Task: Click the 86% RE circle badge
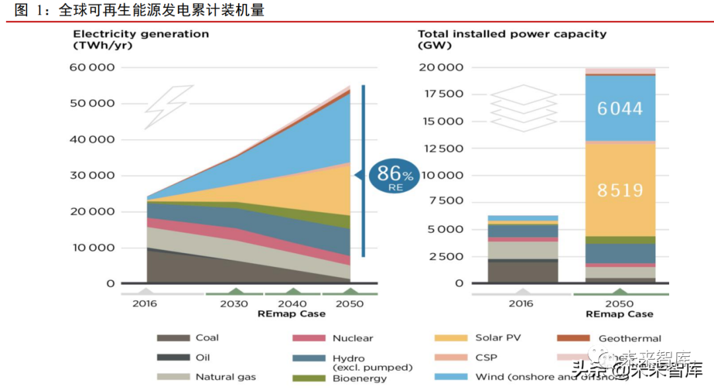click(x=394, y=175)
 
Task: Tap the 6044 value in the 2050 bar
click(x=619, y=108)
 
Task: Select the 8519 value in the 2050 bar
click(x=619, y=190)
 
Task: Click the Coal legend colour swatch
click(x=173, y=338)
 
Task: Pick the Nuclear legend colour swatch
click(x=309, y=338)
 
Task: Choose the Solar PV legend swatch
click(x=450, y=338)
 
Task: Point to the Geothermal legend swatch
click(x=573, y=338)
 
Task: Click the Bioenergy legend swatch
click(x=309, y=378)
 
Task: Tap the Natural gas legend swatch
click(x=173, y=377)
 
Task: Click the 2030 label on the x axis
click(x=234, y=304)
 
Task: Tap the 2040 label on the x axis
click(x=292, y=304)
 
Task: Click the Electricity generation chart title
click(x=141, y=34)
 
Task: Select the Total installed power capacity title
click(x=512, y=34)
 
